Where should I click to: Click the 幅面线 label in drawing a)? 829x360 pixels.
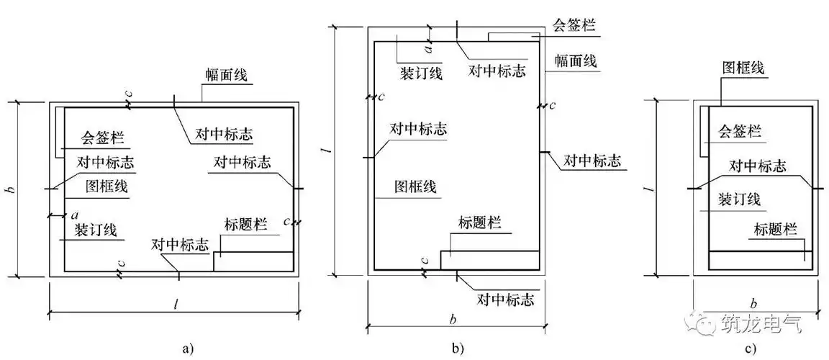[x=225, y=76]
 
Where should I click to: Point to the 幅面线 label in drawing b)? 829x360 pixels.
[x=575, y=60]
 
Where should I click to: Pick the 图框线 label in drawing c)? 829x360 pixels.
[x=743, y=68]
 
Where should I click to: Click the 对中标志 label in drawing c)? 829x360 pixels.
[x=757, y=166]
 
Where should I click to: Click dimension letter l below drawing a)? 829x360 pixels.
[x=175, y=304]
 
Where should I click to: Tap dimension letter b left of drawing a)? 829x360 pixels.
[x=10, y=190]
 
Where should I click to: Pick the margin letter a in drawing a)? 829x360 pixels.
[x=75, y=215]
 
